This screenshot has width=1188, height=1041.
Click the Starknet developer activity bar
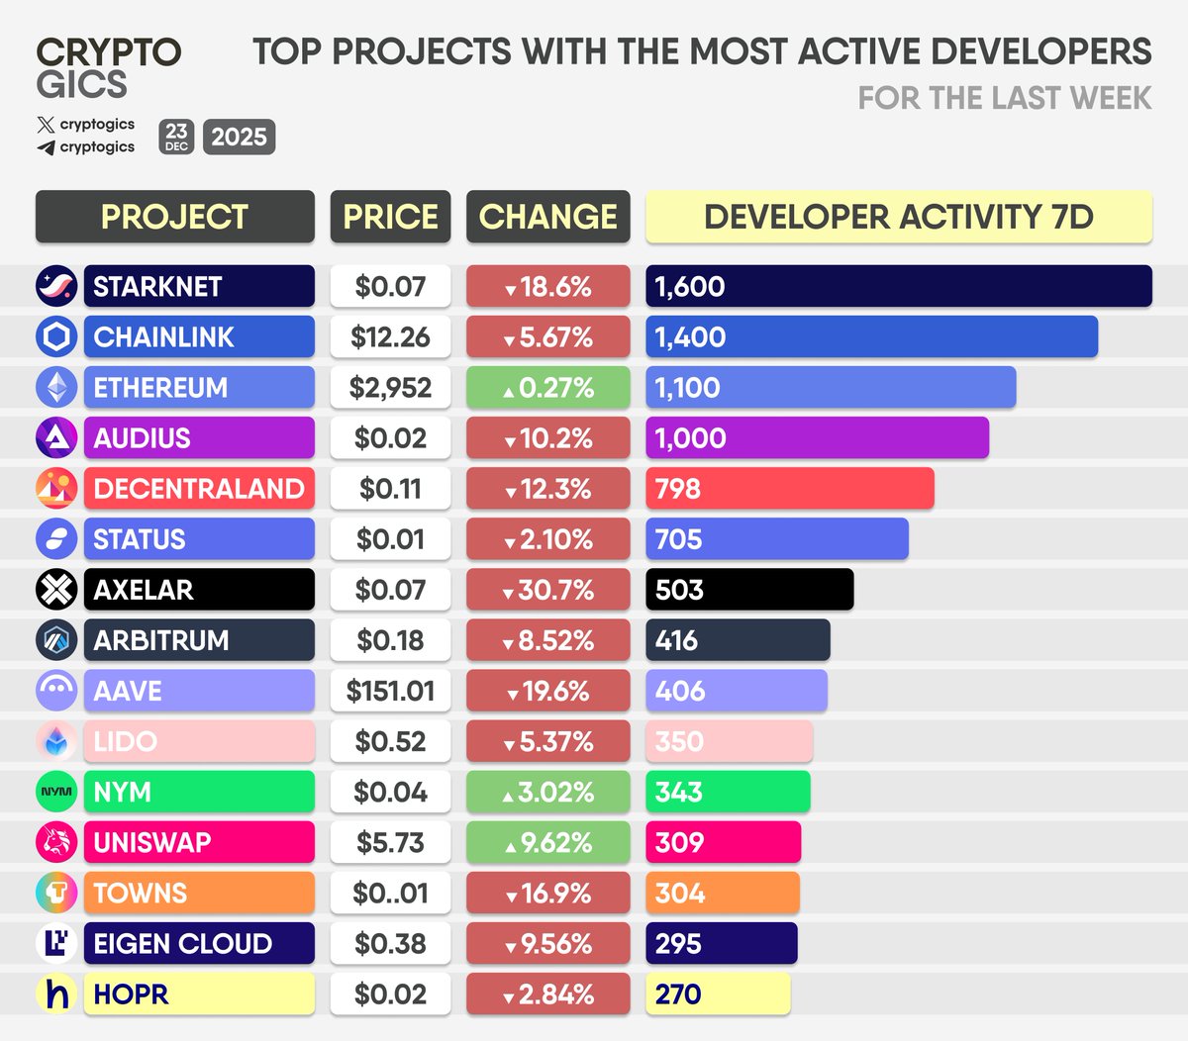click(898, 286)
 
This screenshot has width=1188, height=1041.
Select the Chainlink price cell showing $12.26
click(390, 336)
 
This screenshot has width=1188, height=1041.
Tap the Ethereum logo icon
click(56, 387)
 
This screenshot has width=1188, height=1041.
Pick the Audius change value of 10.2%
click(547, 437)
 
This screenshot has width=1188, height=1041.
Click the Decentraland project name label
click(199, 488)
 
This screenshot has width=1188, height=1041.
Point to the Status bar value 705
click(679, 539)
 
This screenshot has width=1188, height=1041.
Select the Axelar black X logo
click(56, 590)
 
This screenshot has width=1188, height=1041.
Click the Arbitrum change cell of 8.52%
click(547, 640)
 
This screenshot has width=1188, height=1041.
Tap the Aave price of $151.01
click(390, 691)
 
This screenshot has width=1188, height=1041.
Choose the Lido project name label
click(199, 741)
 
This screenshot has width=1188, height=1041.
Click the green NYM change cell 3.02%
click(547, 792)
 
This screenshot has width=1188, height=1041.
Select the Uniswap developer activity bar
click(723, 842)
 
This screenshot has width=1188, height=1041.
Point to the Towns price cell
click(390, 893)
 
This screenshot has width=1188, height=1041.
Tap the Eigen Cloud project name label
click(199, 943)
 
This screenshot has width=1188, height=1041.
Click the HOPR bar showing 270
click(718, 994)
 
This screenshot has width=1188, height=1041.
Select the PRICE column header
click(390, 217)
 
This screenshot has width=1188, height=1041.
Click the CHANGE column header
click(547, 217)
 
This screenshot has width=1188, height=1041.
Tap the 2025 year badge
click(239, 137)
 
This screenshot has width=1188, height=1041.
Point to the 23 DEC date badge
click(176, 137)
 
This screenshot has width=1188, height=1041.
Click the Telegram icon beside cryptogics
click(46, 147)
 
